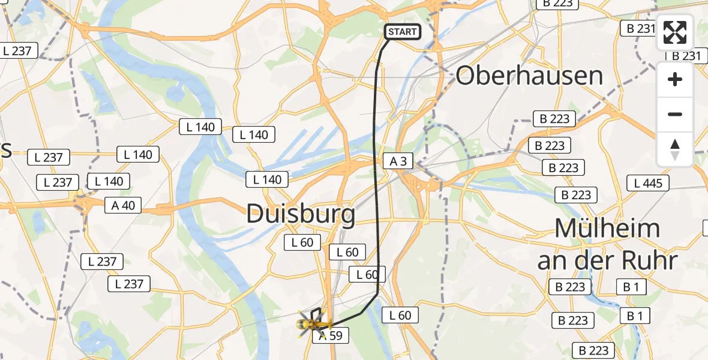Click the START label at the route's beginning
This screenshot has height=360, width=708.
[402, 32]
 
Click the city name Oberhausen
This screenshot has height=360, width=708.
[529, 76]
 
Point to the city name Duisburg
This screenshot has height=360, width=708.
[301, 214]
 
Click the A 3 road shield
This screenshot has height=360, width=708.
[398, 161]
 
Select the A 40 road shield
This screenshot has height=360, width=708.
[124, 205]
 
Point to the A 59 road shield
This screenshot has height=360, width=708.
[330, 336]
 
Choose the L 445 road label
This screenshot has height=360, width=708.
[648, 182]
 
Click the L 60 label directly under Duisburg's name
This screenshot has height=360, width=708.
[303, 242]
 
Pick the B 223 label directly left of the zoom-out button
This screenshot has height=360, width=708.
[554, 119]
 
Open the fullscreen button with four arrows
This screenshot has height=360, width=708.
[675, 32]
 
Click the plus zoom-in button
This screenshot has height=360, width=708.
[675, 79]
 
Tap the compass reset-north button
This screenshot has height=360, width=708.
[675, 149]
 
